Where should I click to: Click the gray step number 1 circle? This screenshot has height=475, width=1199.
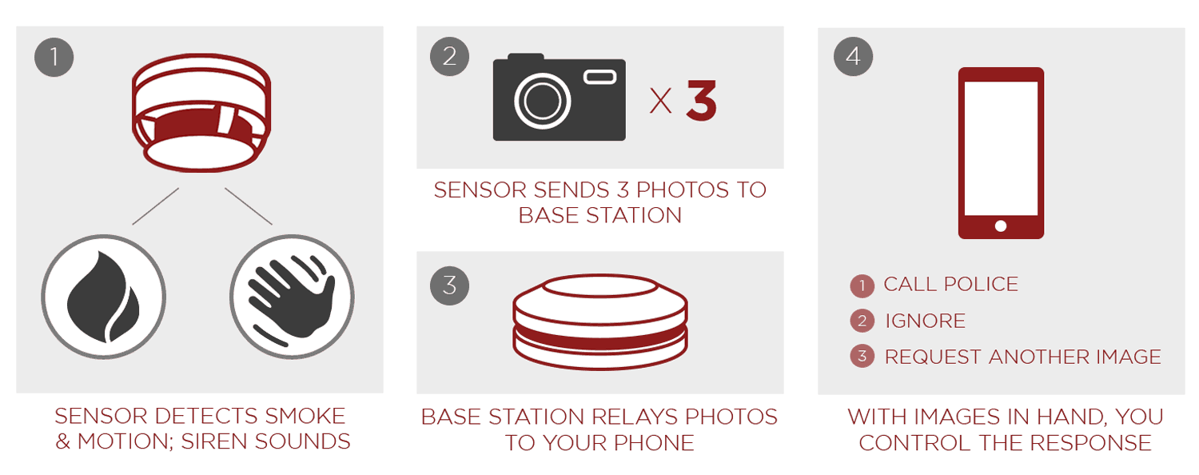click(x=54, y=57)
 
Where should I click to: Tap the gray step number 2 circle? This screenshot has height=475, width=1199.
click(x=449, y=56)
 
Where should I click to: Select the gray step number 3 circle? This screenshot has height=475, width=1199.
click(x=449, y=285)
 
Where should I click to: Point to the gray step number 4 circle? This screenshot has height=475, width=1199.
click(x=853, y=56)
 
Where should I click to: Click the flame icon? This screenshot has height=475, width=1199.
click(x=103, y=297)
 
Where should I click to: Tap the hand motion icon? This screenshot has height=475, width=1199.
click(x=292, y=297)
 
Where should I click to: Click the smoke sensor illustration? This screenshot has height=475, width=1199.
click(x=201, y=113)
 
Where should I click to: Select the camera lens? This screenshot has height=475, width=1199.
click(x=542, y=101)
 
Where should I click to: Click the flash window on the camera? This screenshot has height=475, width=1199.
click(x=600, y=77)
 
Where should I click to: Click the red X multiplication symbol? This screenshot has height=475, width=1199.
click(x=660, y=101)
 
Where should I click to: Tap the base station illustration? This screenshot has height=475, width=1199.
click(x=600, y=321)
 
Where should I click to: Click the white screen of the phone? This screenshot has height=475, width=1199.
click(x=1001, y=148)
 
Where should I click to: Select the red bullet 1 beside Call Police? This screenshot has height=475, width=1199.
click(x=862, y=285)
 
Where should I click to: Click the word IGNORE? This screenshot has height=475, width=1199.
click(x=925, y=321)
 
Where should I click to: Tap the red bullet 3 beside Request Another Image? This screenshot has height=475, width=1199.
click(x=862, y=356)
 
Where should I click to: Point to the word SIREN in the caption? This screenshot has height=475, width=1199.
click(x=214, y=441)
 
